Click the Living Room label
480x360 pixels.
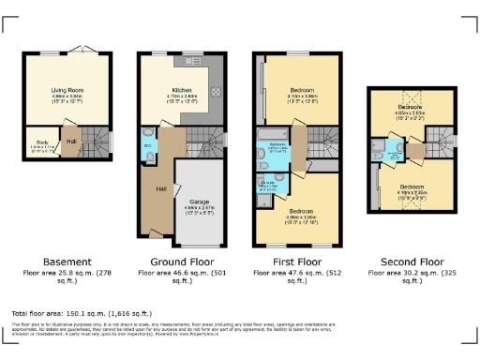coord(67,90)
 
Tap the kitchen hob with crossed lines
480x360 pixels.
coord(216,92)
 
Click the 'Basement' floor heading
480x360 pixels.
coord(67,262)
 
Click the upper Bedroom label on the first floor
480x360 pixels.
coord(301,90)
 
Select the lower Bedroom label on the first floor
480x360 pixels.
coord(301,211)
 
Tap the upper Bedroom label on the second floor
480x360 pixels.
coord(408,108)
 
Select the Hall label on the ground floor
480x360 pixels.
coord(161,188)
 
